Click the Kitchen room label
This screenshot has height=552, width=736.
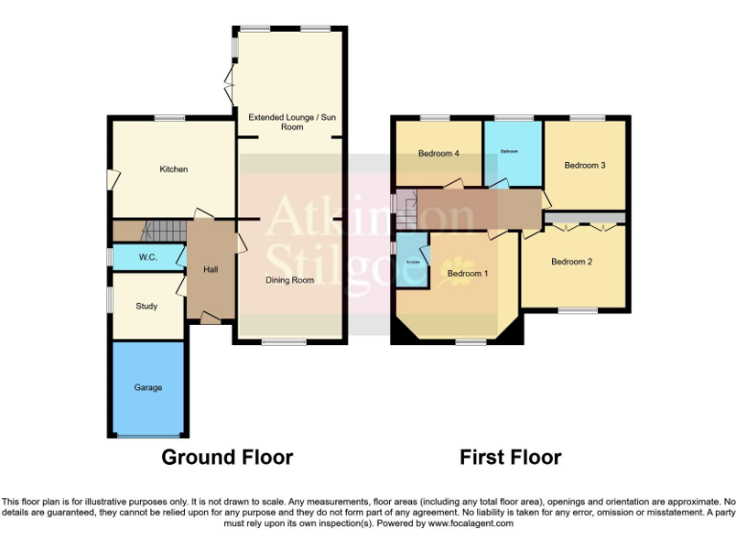pos(173,170)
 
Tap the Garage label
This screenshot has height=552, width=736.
pos(148,388)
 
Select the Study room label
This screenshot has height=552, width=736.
pos(147,307)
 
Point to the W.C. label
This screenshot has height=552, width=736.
pos(148,258)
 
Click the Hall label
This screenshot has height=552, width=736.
pos(211,270)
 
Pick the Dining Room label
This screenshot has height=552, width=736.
pos(289,281)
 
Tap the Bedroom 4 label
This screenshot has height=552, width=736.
pos(438,153)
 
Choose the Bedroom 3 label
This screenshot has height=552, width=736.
pos(585,166)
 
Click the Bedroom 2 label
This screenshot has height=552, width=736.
pos(572,262)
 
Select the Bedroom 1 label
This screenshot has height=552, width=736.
pos(469,274)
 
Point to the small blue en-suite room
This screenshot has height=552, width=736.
pos(413,261)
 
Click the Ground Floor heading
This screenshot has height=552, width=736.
pos(227,457)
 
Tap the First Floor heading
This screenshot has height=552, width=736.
pos(510,457)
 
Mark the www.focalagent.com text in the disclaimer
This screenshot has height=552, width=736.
pos(470,524)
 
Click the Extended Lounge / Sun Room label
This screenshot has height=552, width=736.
pos(292,122)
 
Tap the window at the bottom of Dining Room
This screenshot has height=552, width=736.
pos(279,342)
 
